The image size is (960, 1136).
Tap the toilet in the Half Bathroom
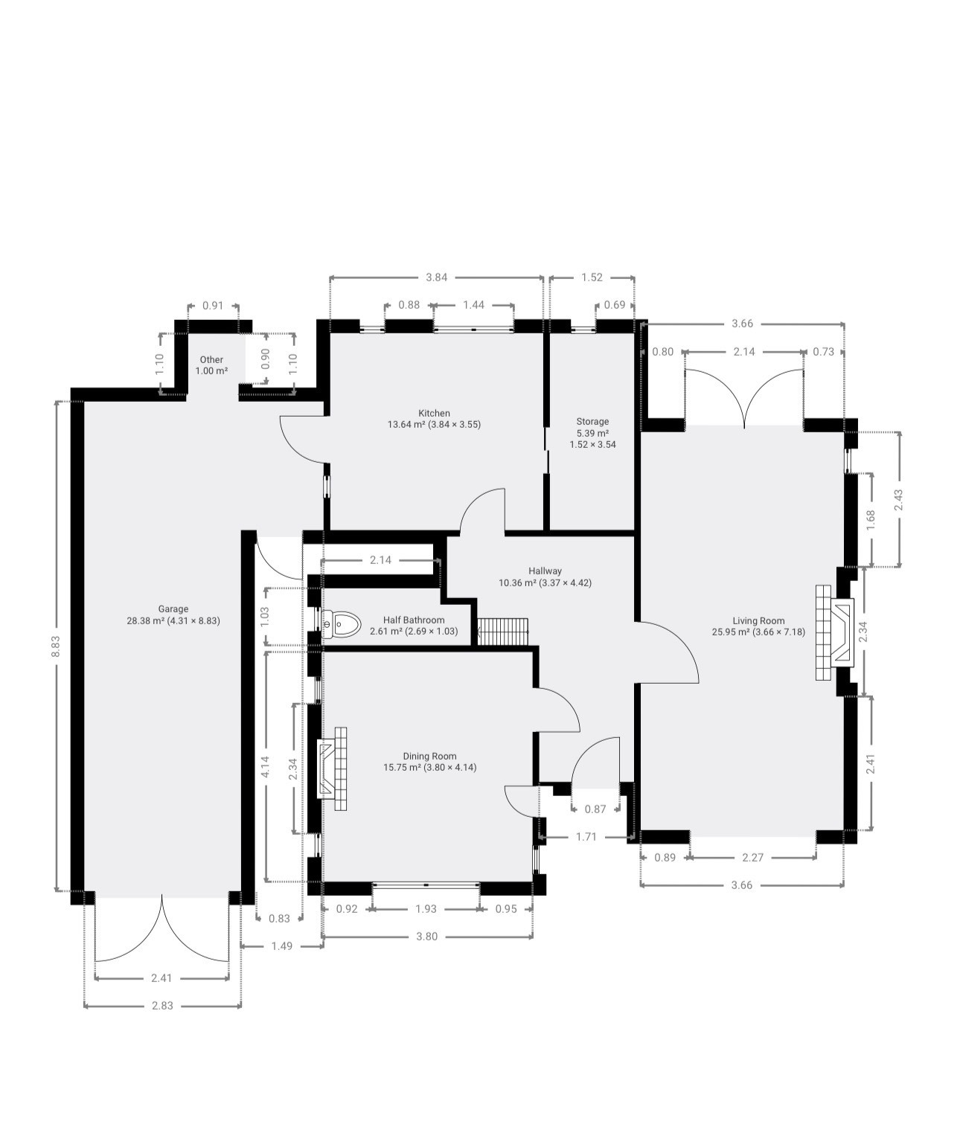point(342,623)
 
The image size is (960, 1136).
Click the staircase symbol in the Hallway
point(503,632)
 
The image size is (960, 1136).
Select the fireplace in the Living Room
point(835,632)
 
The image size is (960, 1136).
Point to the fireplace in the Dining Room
point(332,769)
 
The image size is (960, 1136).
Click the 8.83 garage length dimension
point(56,646)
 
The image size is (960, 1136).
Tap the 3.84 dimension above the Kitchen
point(436,277)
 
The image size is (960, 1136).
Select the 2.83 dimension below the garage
point(162,1005)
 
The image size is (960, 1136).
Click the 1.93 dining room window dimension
point(426,908)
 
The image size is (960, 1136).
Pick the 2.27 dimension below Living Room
point(752,858)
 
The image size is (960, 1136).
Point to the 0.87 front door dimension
point(595,809)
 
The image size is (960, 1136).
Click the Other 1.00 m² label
point(211,365)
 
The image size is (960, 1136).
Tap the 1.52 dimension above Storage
point(592,277)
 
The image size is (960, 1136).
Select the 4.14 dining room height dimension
point(265,766)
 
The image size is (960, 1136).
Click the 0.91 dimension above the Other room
point(213,306)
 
